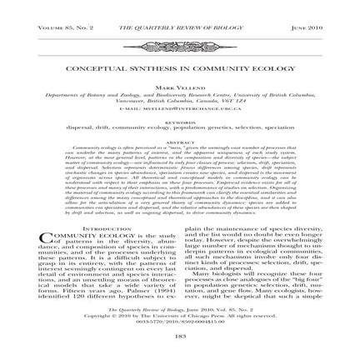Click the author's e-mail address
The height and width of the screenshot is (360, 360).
point(180,108)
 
